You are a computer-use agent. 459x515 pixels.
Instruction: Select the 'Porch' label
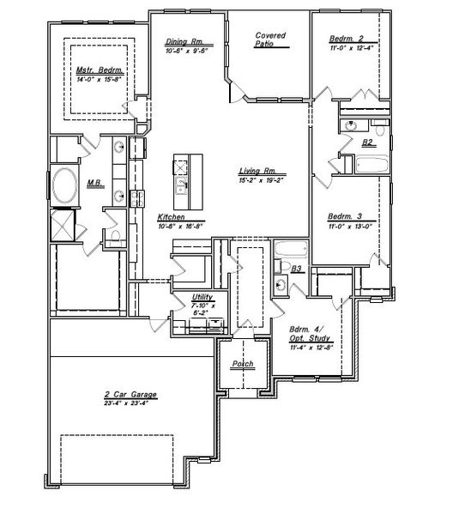[243, 365]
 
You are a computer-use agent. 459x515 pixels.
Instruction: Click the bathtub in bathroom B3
[287, 252]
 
